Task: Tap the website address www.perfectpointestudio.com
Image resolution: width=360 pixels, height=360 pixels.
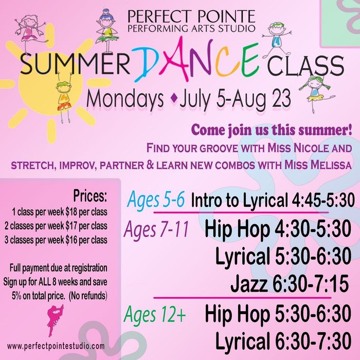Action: [x=56, y=346]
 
